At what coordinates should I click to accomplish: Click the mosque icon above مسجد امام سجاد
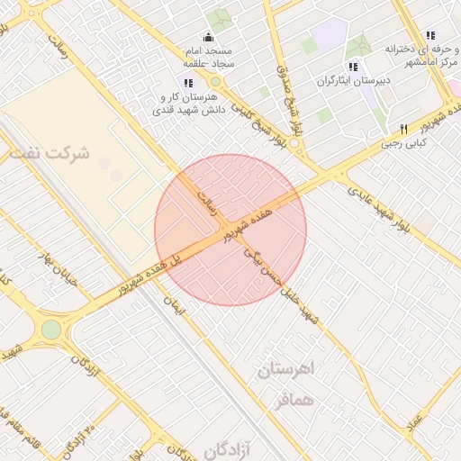[x=209, y=37]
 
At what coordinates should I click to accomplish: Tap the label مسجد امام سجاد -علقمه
[x=209, y=57]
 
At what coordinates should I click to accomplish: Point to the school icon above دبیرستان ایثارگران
[x=353, y=67]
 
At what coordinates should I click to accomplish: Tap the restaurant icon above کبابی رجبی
[x=403, y=129]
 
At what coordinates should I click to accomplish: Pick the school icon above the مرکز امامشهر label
[x=429, y=35]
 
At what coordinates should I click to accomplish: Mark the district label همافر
[x=290, y=398]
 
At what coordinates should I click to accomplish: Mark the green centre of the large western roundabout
[x=51, y=330]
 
